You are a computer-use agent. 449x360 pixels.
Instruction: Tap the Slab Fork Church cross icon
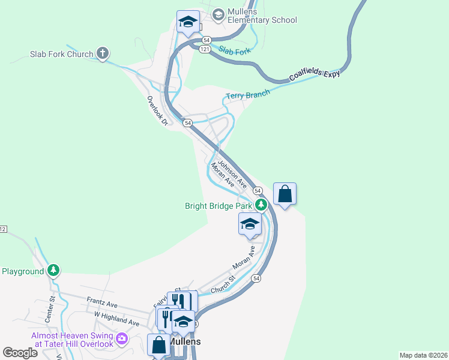(103, 54)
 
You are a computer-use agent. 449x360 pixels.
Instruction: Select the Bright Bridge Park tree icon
(261, 205)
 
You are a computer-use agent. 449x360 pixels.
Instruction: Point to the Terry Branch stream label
(247, 95)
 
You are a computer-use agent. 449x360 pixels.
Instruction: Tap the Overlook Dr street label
(156, 111)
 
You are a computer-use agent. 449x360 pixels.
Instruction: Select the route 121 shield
(205, 50)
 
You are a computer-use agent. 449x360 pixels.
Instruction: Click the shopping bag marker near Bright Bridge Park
(285, 194)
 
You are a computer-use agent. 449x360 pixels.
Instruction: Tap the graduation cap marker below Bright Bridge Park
(250, 224)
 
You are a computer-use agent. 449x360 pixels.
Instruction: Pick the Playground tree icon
(54, 271)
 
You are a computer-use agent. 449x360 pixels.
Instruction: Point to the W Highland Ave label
(116, 318)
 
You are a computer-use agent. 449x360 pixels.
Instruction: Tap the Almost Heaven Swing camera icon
(122, 339)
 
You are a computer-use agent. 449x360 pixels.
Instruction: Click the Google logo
(20, 353)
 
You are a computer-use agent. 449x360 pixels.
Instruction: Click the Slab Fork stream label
(235, 51)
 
